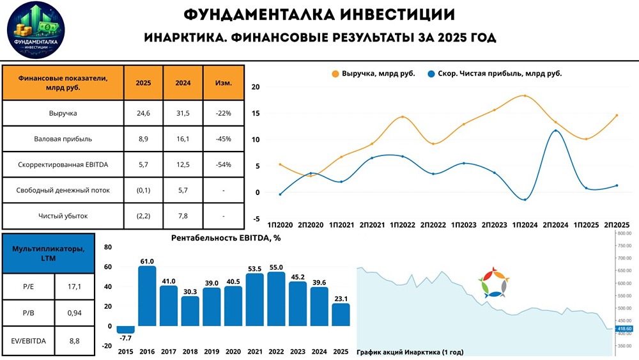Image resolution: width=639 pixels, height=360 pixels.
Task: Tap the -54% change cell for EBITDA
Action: [x=224, y=164]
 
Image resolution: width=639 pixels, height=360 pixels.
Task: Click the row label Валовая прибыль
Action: [x=63, y=139]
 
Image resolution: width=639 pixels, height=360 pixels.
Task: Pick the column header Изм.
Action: [x=224, y=82]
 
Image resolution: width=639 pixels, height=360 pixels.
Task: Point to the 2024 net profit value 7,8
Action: [x=183, y=215]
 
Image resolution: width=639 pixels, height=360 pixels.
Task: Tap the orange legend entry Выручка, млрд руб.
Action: [x=374, y=74]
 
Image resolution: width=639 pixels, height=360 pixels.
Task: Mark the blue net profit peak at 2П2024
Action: [x=556, y=130]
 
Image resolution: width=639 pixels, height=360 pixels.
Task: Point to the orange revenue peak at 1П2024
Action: [x=525, y=96]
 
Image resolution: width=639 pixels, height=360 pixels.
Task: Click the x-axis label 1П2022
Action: [x=402, y=226]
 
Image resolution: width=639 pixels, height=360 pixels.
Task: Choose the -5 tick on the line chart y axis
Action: [x=256, y=219]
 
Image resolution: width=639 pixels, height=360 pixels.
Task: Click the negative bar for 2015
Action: [x=125, y=329]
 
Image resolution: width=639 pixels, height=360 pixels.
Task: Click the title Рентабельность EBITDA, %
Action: [x=226, y=238]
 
